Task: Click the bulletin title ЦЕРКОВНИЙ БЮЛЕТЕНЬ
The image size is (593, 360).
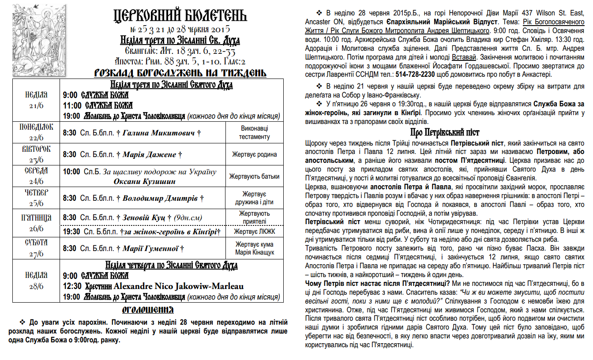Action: (x=180, y=16)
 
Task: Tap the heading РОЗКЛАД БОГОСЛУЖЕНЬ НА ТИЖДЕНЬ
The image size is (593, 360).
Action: (x=180, y=73)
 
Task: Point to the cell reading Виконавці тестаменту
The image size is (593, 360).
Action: (x=255, y=132)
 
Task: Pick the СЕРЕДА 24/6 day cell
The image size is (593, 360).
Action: (x=36, y=176)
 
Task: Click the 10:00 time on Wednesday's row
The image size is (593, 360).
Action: (x=71, y=172)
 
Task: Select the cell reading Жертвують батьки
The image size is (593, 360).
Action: (x=255, y=176)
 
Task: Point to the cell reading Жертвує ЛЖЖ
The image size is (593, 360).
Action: (x=255, y=232)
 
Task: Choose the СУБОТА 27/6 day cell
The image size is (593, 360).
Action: (x=36, y=248)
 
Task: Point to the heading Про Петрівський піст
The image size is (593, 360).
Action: (x=445, y=132)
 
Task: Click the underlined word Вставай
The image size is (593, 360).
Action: (x=464, y=58)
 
